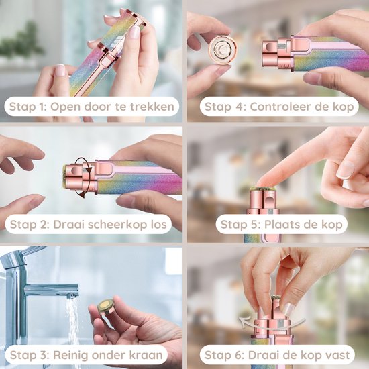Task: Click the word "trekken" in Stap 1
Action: click(x=152, y=107)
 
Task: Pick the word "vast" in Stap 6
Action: click(x=337, y=355)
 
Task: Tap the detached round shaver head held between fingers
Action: click(x=223, y=50)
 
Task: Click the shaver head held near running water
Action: click(x=106, y=305)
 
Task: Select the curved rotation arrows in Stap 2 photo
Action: click(x=84, y=177)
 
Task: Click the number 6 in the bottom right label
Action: click(x=240, y=355)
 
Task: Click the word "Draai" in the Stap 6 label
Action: click(x=261, y=355)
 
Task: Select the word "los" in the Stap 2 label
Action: click(x=158, y=224)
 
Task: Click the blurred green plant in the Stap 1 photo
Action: click(x=22, y=42)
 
